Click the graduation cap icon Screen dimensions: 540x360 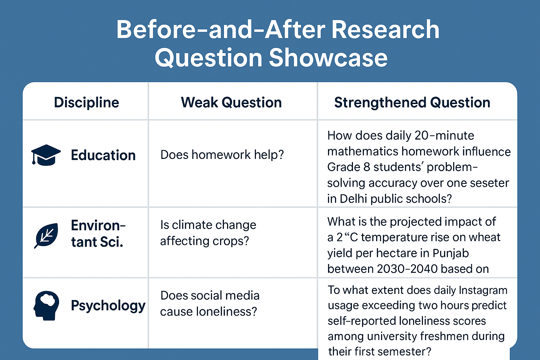pyautogui.click(x=46, y=155)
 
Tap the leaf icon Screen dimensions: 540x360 pyautogui.click(x=46, y=236)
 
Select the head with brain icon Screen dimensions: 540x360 pyautogui.click(x=46, y=306)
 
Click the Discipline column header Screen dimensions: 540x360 pyautogui.click(x=86, y=103)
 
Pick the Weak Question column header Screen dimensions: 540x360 pyautogui.click(x=231, y=102)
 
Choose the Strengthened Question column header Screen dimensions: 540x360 pyautogui.click(x=412, y=102)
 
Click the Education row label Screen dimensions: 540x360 pyautogui.click(x=103, y=155)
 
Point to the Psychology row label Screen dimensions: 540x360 pyautogui.click(x=108, y=306)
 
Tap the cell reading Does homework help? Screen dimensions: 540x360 pyautogui.click(x=222, y=155)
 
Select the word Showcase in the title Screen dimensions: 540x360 pyautogui.click(x=328, y=58)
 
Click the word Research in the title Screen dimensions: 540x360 pyautogui.click(x=385, y=30)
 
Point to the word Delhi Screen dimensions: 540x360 pyautogui.click(x=353, y=199)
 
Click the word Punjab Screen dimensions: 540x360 pyautogui.click(x=451, y=253)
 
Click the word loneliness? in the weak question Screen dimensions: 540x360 pyautogui.click(x=226, y=311)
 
